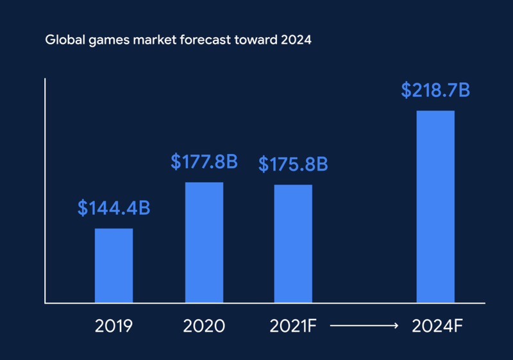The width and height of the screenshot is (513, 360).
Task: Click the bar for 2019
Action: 114,265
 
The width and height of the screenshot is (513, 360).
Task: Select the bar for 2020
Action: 205,242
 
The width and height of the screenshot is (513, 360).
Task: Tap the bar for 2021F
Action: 293,243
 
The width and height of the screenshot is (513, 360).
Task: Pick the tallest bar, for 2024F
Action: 435,206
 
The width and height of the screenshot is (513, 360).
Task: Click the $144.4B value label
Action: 114,208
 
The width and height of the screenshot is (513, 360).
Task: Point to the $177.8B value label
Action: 204,162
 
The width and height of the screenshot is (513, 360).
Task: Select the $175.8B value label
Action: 293,164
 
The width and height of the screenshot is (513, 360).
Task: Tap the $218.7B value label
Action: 435,90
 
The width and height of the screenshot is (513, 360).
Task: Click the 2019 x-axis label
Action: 114,326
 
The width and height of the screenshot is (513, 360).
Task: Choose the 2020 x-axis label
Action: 204,326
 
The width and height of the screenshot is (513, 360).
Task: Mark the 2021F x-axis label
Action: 293,326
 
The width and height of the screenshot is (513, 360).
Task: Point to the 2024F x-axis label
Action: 436,326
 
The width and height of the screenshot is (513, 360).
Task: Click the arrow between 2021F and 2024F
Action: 364,326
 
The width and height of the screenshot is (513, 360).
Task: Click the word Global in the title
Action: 62,40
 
